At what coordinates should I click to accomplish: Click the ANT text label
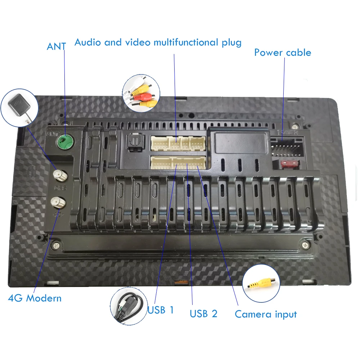[56, 46]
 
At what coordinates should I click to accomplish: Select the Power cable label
[283, 53]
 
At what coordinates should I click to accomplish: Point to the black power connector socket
[287, 148]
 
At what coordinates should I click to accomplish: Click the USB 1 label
[161, 310]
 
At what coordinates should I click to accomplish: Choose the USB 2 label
[203, 314]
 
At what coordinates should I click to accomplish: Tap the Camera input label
[266, 314]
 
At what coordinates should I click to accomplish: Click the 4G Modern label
[35, 298]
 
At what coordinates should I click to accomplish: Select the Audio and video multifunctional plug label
[158, 42]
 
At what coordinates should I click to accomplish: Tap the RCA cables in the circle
[141, 91]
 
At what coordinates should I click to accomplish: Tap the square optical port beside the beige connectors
[134, 144]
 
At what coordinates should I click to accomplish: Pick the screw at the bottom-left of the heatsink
[56, 246]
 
